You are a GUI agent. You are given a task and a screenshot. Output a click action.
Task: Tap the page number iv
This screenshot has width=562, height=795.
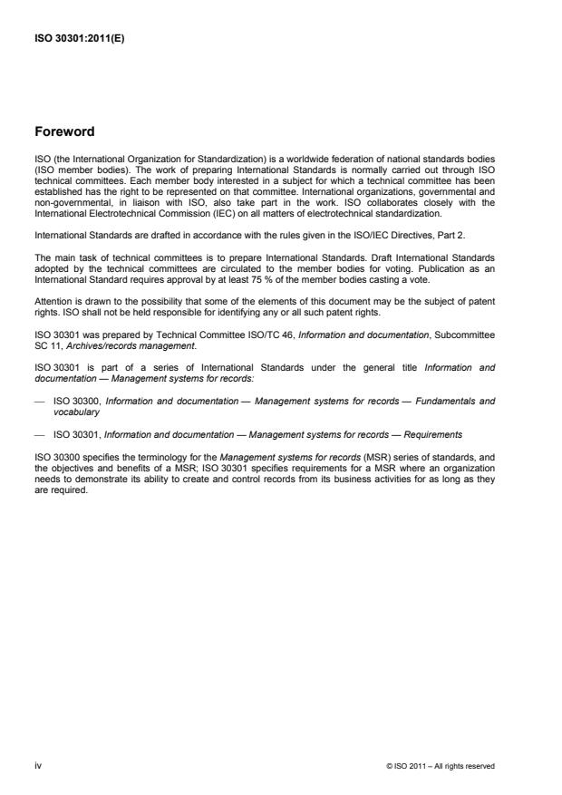(x=37, y=766)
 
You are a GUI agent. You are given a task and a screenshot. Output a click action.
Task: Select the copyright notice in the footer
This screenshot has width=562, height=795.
(x=440, y=766)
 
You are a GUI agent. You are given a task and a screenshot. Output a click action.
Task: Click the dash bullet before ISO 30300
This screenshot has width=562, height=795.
(x=39, y=402)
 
